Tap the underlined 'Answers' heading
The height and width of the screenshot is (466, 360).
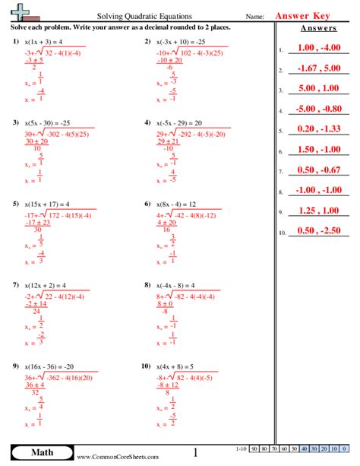click(x=319, y=29)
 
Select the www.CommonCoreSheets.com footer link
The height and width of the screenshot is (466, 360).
click(x=118, y=456)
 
